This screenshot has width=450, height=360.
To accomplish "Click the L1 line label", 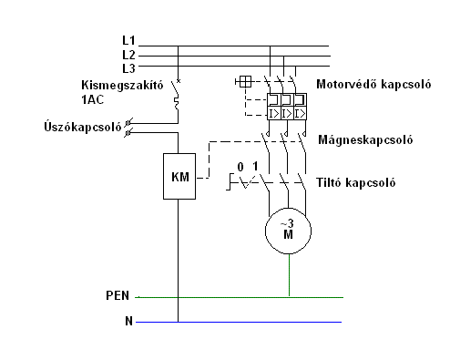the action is point(128,40).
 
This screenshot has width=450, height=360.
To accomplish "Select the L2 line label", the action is point(128,55).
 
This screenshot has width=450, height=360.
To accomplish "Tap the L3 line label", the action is point(128,68).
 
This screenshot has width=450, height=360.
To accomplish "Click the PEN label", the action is point(118,295).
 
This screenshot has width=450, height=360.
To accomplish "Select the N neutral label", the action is point(129,321).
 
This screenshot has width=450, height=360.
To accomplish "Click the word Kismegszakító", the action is point(122,85).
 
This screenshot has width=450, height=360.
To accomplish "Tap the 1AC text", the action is point(93,99).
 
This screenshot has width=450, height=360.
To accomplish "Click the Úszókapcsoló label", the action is point(83,127).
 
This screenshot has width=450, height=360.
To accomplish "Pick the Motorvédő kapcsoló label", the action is point(373,84).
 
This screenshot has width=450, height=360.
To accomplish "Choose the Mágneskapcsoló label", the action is point(365,139).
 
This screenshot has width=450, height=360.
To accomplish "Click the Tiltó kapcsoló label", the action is point(356,182).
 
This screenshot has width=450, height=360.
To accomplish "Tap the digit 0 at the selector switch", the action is point(240,167).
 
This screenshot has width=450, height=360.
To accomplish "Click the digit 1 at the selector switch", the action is point(255,166).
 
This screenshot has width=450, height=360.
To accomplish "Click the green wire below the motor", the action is point(289,274).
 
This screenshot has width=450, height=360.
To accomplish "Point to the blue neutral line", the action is point(239,322).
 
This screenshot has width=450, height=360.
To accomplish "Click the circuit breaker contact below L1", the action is point(175,87).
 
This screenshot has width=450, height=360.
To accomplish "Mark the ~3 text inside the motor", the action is point(287,223).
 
